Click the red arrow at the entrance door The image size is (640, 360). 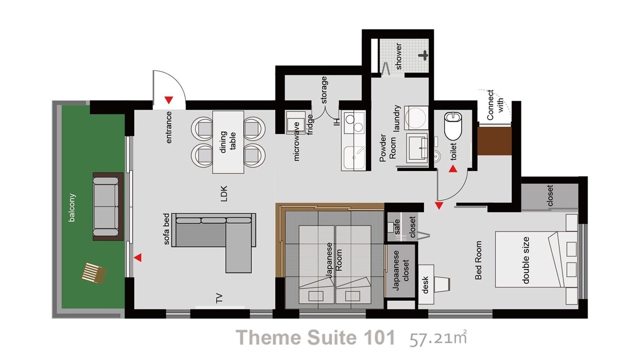(x=169, y=100)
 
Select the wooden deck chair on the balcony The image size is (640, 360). (x=94, y=273)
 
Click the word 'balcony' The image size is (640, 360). (x=71, y=207)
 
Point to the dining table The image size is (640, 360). (x=228, y=142)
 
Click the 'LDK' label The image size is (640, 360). (x=223, y=193)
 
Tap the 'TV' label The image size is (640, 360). (x=219, y=298)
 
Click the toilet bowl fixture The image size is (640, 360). (x=453, y=125)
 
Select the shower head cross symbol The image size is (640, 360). (x=423, y=55)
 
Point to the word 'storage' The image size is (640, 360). (x=324, y=90)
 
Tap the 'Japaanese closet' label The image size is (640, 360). (x=401, y=270)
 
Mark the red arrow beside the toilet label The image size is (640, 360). (x=453, y=169)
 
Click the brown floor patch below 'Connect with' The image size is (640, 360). (x=494, y=141)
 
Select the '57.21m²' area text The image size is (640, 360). (x=438, y=338)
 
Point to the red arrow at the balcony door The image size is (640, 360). (x=137, y=257)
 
